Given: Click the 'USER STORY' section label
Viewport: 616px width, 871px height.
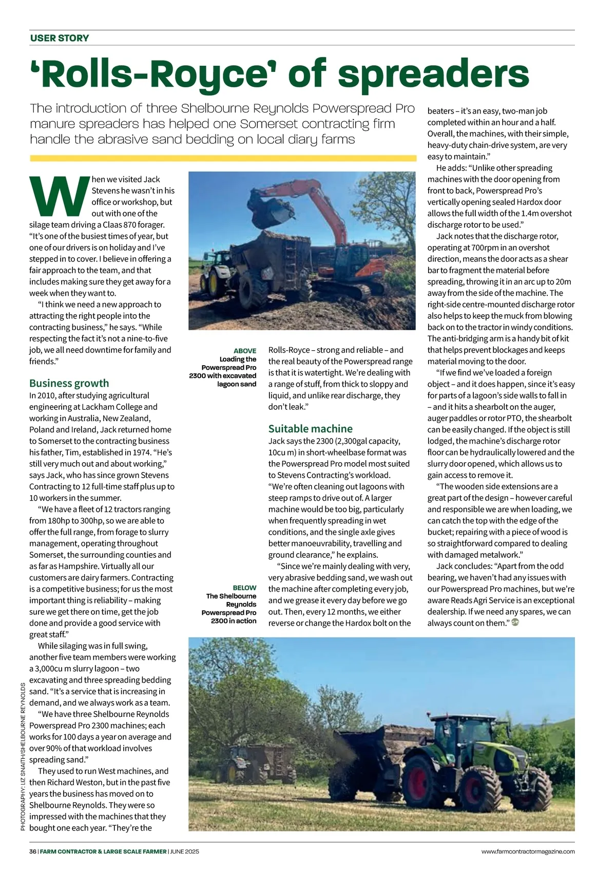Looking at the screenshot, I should (60, 38).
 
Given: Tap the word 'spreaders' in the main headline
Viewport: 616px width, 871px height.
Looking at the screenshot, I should (433, 75).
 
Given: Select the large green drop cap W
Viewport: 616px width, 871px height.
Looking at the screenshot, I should (59, 197).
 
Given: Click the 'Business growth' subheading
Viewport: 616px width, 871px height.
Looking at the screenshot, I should (69, 383).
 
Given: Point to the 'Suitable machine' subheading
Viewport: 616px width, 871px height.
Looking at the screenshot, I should (310, 429).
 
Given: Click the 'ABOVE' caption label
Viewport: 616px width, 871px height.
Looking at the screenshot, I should (245, 351).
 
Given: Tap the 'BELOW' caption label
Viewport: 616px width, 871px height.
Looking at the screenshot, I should (244, 588).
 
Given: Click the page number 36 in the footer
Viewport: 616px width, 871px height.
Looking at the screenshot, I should (33, 851).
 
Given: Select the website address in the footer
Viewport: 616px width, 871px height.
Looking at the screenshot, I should (528, 851).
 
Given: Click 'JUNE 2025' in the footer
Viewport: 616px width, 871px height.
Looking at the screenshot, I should (184, 851).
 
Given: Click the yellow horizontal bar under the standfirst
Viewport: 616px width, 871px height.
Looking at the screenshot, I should (223, 159).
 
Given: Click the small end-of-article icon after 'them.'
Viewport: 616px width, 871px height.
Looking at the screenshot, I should (516, 622).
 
